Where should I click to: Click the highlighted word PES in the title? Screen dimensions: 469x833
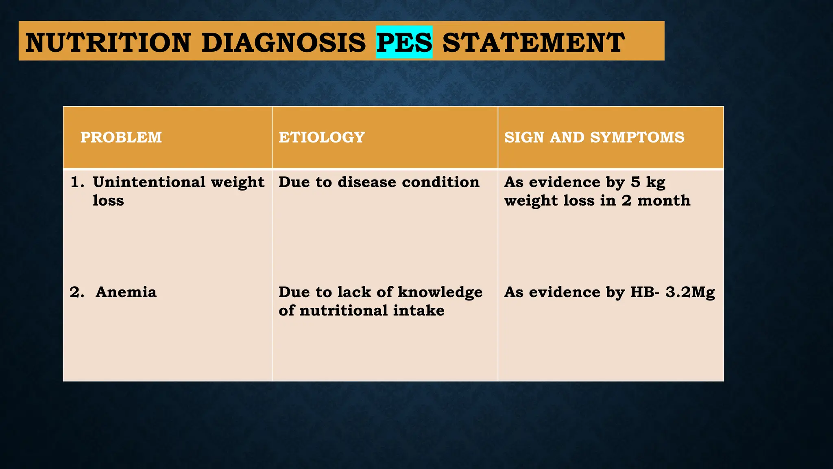(x=404, y=42)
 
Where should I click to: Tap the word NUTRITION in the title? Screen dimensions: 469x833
(x=108, y=42)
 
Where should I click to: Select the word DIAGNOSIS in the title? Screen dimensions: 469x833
(x=283, y=42)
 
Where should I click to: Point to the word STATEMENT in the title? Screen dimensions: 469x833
(x=533, y=42)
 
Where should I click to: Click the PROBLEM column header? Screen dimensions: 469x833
(x=121, y=137)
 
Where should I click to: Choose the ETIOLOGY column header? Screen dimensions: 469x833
(x=321, y=137)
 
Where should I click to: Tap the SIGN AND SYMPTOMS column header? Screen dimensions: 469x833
(x=594, y=137)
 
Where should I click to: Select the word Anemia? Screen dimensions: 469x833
(x=126, y=292)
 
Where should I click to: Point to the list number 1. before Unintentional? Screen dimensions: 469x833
(x=77, y=182)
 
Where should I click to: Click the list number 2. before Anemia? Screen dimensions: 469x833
(x=77, y=292)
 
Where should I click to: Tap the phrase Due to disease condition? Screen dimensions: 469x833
(x=379, y=182)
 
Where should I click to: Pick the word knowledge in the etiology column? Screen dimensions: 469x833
(x=440, y=292)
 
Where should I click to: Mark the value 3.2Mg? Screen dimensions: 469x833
(x=690, y=292)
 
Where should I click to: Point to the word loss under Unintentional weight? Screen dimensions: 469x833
(x=108, y=200)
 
